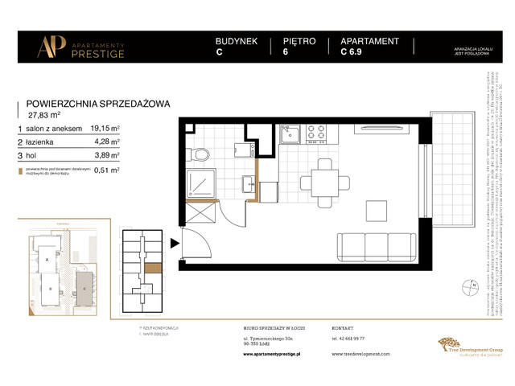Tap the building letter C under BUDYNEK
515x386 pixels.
220,55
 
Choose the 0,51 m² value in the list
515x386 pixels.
108,170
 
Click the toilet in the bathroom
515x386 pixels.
203,153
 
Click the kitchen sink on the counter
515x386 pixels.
290,133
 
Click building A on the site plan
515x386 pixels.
47,261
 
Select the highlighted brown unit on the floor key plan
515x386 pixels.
152,269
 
